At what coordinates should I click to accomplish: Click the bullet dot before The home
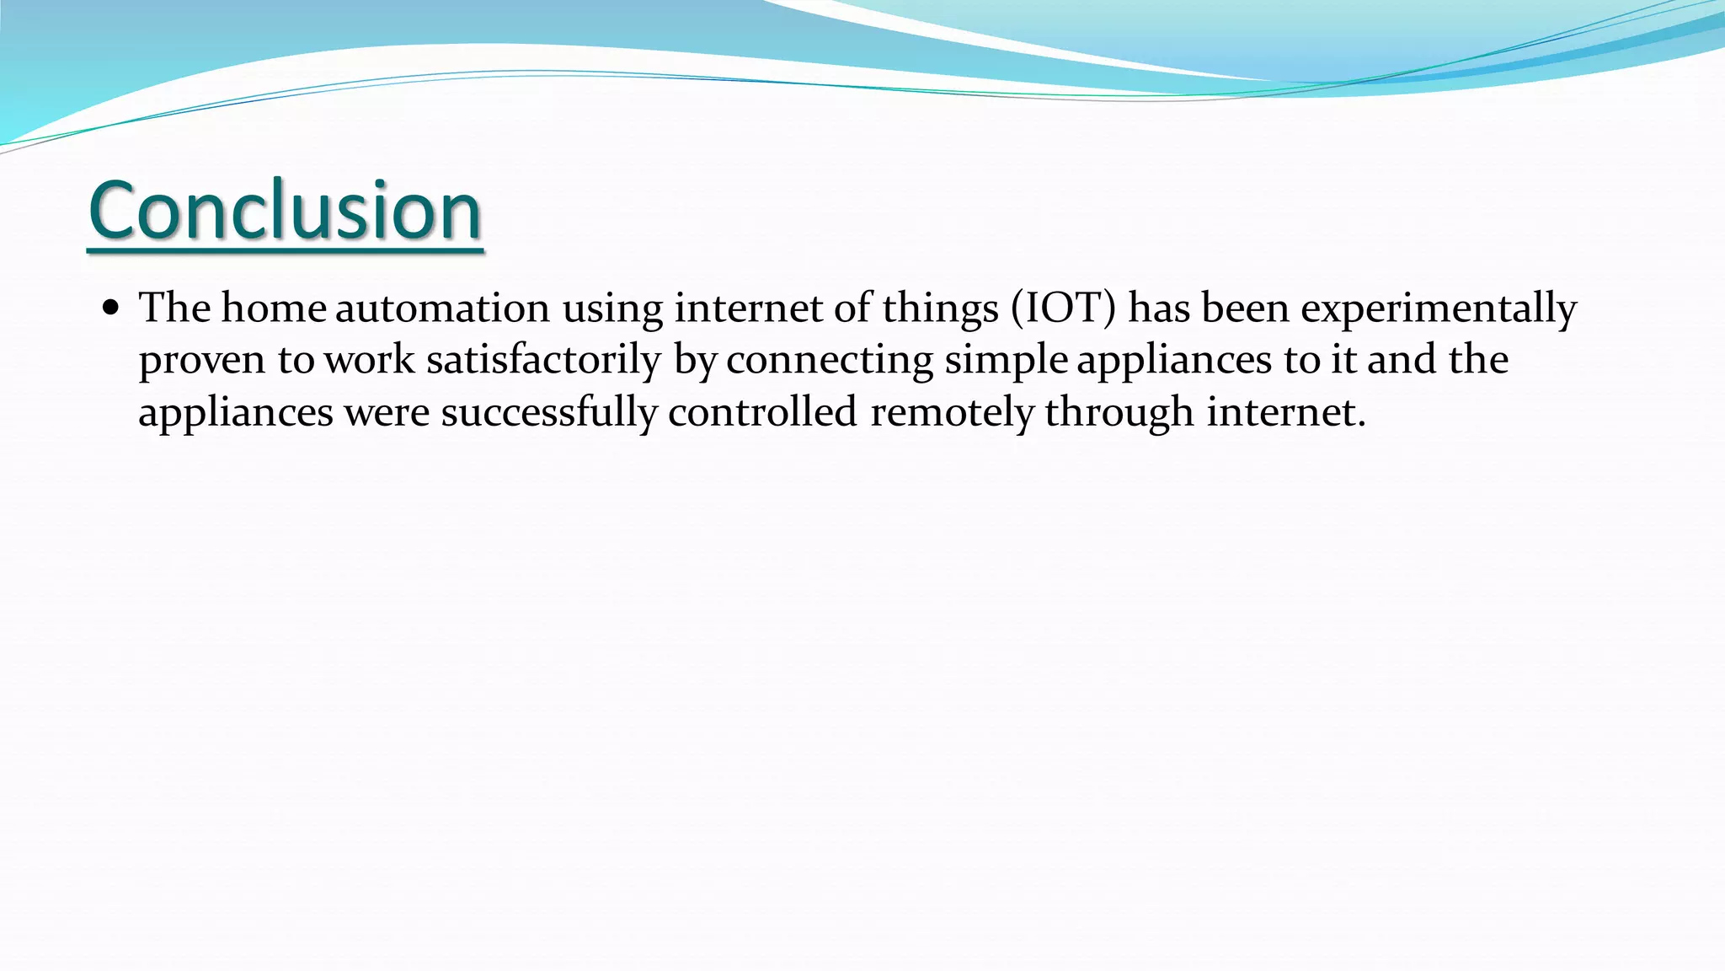pos(110,308)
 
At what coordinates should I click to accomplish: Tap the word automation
pos(442,308)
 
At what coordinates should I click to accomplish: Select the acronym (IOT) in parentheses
pos(1063,308)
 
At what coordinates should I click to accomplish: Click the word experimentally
pos(1439,309)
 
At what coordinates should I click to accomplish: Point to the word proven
pos(202,362)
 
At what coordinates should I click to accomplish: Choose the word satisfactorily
pos(543,362)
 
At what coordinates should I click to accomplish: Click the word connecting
pos(830,362)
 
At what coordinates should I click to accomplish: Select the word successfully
pos(549,414)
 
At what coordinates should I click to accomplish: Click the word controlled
pos(763,412)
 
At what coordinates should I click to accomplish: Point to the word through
pos(1119,414)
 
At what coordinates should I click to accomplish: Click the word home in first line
pos(274,308)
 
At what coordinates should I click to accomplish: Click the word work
pos(370,360)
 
